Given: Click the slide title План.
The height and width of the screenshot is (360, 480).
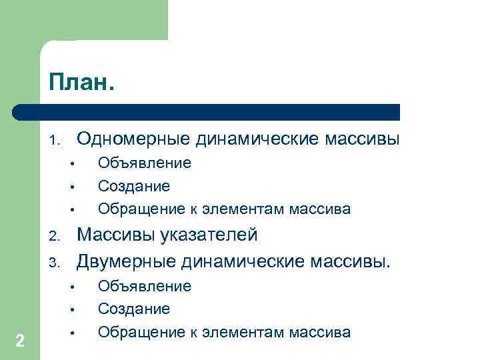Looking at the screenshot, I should point(81,84).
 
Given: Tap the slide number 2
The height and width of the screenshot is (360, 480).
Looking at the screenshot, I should point(20,341).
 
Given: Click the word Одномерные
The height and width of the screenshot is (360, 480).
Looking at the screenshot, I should point(133,139).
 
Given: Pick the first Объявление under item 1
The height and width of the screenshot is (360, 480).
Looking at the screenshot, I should point(145,163).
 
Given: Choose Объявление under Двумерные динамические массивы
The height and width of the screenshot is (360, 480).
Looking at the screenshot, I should point(145,287).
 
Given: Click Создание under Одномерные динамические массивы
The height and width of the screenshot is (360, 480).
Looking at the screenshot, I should point(134,186).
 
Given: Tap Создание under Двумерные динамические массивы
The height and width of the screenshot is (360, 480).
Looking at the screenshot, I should point(134,309).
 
